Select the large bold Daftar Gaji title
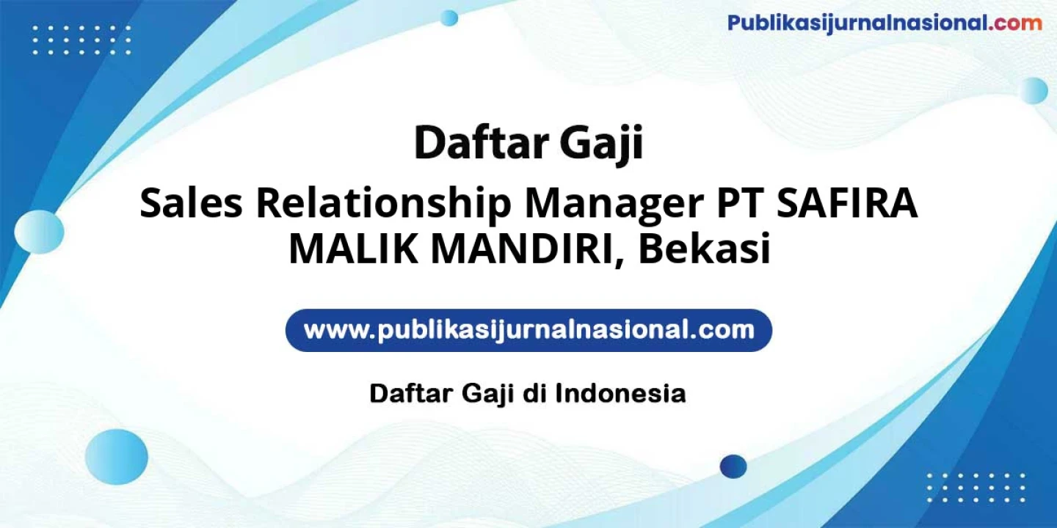528,143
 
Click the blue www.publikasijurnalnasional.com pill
528,330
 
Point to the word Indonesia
620,394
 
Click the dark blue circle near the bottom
733,466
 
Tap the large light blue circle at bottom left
116,457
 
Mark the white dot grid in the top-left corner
81,40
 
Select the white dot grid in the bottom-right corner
976,488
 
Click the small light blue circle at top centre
448,18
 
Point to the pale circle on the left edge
39,232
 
